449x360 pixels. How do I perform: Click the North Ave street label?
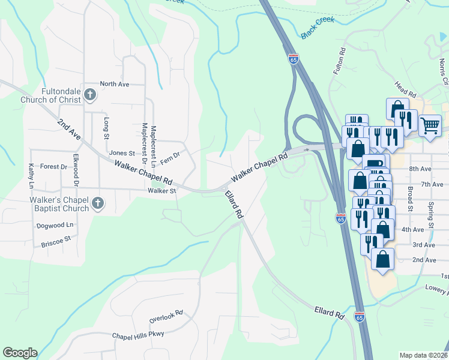click(x=115, y=85)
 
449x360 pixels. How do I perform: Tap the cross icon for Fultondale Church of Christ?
click(x=90, y=94)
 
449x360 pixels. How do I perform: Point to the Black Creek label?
click(x=316, y=32)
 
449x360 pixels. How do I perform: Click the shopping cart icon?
click(x=430, y=125)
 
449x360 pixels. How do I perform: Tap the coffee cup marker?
click(x=376, y=164)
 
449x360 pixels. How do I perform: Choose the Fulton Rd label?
click(x=340, y=61)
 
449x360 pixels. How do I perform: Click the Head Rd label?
click(x=405, y=90)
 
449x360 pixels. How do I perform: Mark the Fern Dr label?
click(x=170, y=155)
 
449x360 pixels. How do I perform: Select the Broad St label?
click(x=411, y=198)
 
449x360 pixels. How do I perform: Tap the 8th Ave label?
click(x=421, y=170)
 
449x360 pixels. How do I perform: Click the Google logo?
click(x=20, y=353)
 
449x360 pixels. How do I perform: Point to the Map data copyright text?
click(x=423, y=355)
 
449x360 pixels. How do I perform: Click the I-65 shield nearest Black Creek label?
click(x=292, y=59)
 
